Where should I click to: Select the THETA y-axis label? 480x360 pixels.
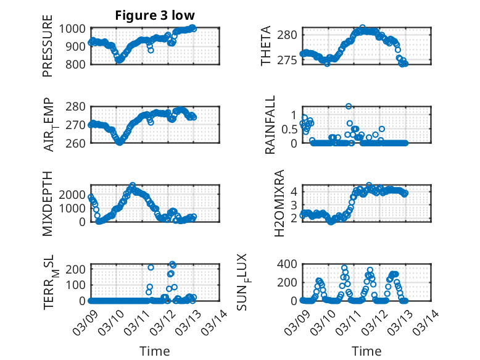coord(266,46)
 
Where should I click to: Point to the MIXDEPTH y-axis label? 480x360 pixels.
coord(48,203)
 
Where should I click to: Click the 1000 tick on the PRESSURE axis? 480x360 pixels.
coord(75,28)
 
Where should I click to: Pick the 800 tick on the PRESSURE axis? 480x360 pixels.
coord(78,64)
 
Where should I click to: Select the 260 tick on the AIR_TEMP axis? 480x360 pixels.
coord(78,143)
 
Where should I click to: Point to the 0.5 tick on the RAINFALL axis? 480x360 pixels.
coord(289,129)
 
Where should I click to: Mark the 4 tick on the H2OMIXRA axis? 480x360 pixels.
coord(294,191)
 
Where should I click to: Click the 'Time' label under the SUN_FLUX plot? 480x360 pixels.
coord(366,351)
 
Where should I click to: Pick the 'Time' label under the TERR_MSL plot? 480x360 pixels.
coord(155,351)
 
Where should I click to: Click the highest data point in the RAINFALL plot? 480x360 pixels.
coord(349,107)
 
